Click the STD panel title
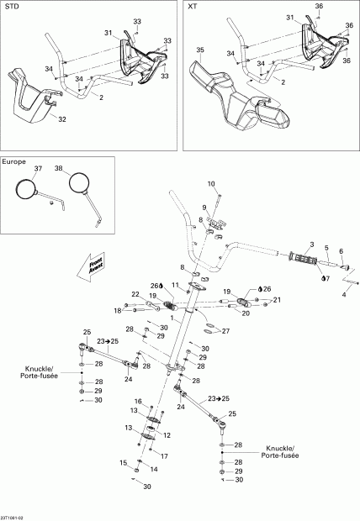coord(11,6)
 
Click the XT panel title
coord(193,6)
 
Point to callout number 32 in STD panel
coord(61,119)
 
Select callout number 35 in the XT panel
coord(199,50)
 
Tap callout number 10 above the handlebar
coord(211,183)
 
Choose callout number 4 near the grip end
coord(343,294)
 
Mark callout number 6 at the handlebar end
coord(341,250)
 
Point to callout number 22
coord(135,293)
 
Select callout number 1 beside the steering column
coord(172,318)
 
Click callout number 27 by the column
coord(225,331)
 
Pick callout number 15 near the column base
coord(123,462)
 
